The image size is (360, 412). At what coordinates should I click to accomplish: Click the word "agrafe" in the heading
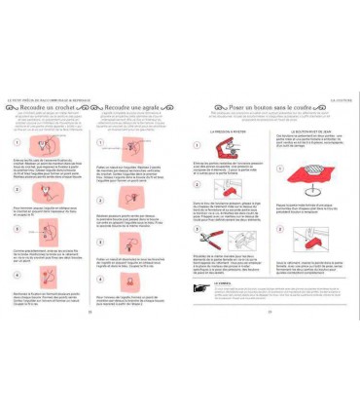[x=156, y=107]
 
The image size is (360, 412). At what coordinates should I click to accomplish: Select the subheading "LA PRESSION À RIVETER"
[x=218, y=130]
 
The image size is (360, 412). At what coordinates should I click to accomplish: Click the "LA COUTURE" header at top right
[x=340, y=98]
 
